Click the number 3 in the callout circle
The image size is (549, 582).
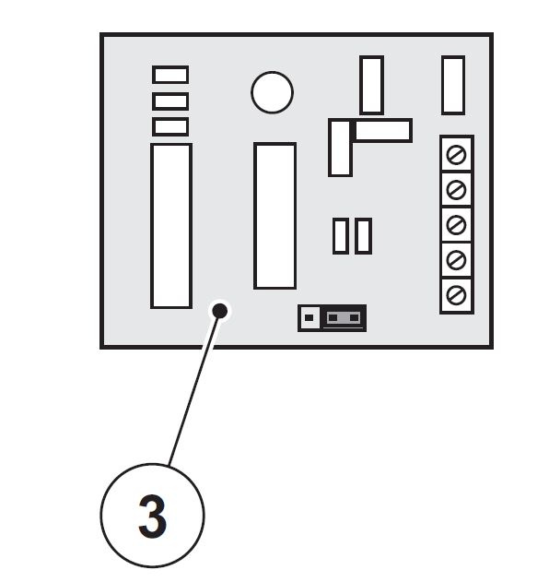coord(152,517)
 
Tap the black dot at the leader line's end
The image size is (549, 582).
coord(220,311)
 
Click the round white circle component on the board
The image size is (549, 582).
coord(272,92)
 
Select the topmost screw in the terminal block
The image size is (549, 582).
coord(456,155)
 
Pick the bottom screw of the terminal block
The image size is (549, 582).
coord(456,295)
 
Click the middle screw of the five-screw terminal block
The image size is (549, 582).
coord(456,225)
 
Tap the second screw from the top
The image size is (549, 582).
coord(456,190)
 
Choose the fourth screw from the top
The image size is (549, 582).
coord(456,260)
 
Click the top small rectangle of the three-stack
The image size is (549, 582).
coord(170,75)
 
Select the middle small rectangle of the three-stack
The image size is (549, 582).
coord(170,101)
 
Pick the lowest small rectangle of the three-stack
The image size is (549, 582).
coord(170,127)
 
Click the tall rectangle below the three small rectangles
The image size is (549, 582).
coord(171,226)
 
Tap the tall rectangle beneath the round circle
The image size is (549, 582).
coord(274,215)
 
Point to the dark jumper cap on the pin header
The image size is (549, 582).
coord(344,317)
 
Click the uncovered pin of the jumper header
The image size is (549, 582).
coord(309,317)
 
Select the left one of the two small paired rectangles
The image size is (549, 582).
coord(341,236)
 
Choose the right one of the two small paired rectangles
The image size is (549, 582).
coord(363,236)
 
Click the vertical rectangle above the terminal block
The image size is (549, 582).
coord(453,86)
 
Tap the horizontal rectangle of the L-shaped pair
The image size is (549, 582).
coord(383,130)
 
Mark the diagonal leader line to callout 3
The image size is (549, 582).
coord(194,388)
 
